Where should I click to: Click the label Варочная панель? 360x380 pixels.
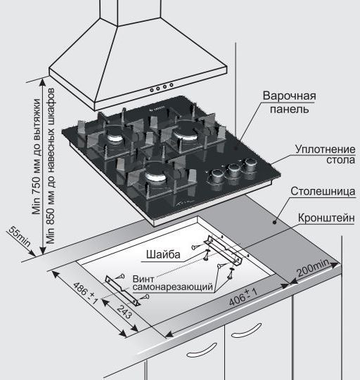click(x=289, y=102)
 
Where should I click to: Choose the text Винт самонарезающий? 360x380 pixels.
click(x=172, y=284)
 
